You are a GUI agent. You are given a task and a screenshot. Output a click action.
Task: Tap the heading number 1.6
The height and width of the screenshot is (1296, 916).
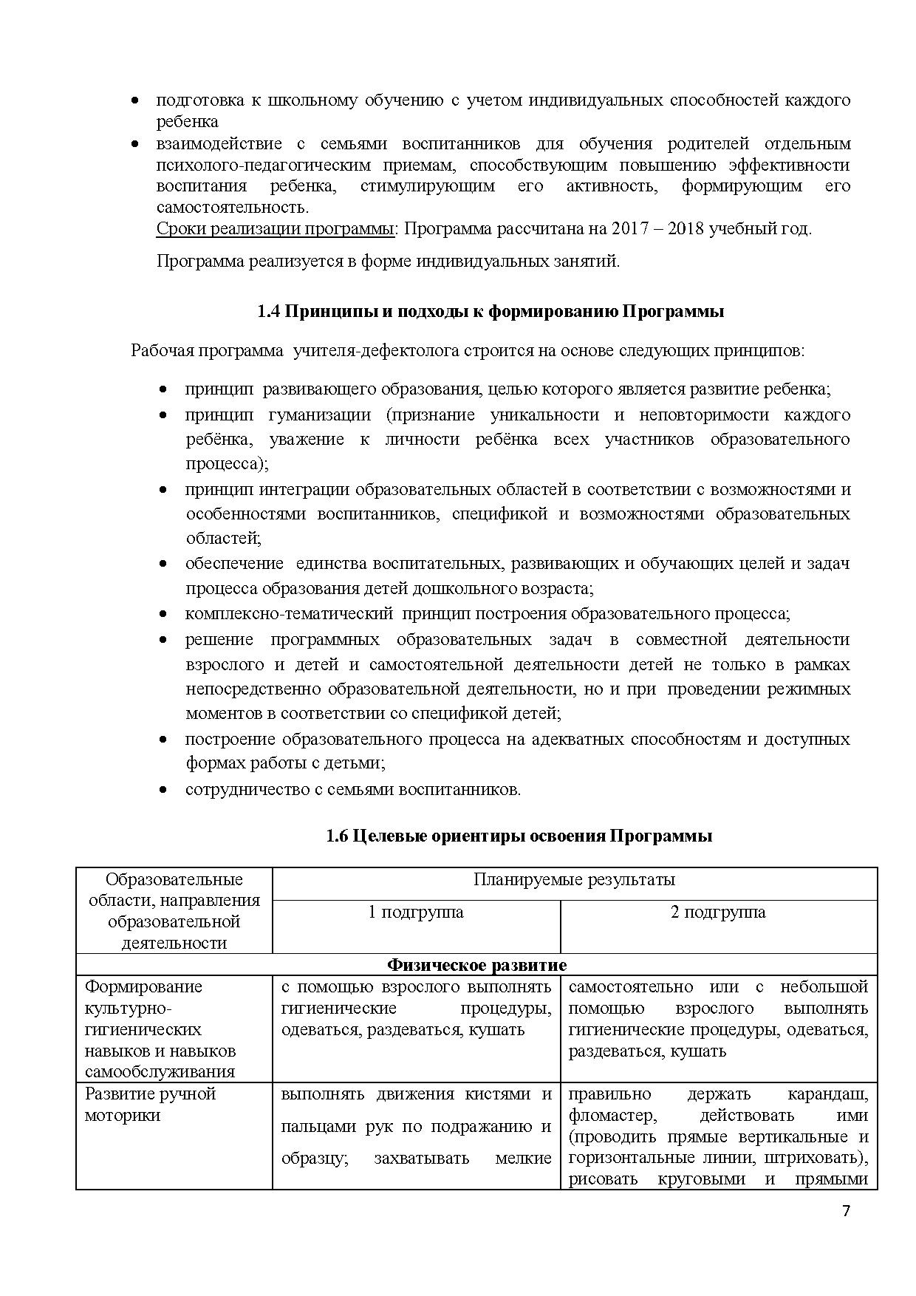(x=337, y=836)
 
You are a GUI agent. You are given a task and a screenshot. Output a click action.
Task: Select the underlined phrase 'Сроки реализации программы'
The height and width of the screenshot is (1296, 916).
(x=275, y=228)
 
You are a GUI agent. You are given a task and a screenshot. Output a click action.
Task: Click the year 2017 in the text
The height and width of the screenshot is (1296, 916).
(x=629, y=228)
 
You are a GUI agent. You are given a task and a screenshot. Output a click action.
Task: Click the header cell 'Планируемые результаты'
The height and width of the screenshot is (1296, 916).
(x=574, y=880)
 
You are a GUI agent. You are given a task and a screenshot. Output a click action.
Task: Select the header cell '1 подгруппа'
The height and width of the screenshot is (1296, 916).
(x=416, y=912)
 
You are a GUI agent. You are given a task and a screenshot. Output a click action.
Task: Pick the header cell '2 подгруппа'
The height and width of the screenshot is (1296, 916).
(x=718, y=912)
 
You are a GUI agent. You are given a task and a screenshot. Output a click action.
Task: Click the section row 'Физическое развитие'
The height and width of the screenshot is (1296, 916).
(x=477, y=965)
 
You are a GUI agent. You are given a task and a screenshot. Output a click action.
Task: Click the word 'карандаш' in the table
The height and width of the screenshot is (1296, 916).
(x=827, y=1094)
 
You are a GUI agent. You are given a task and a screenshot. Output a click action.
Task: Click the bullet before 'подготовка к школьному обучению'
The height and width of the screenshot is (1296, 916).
(x=135, y=100)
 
